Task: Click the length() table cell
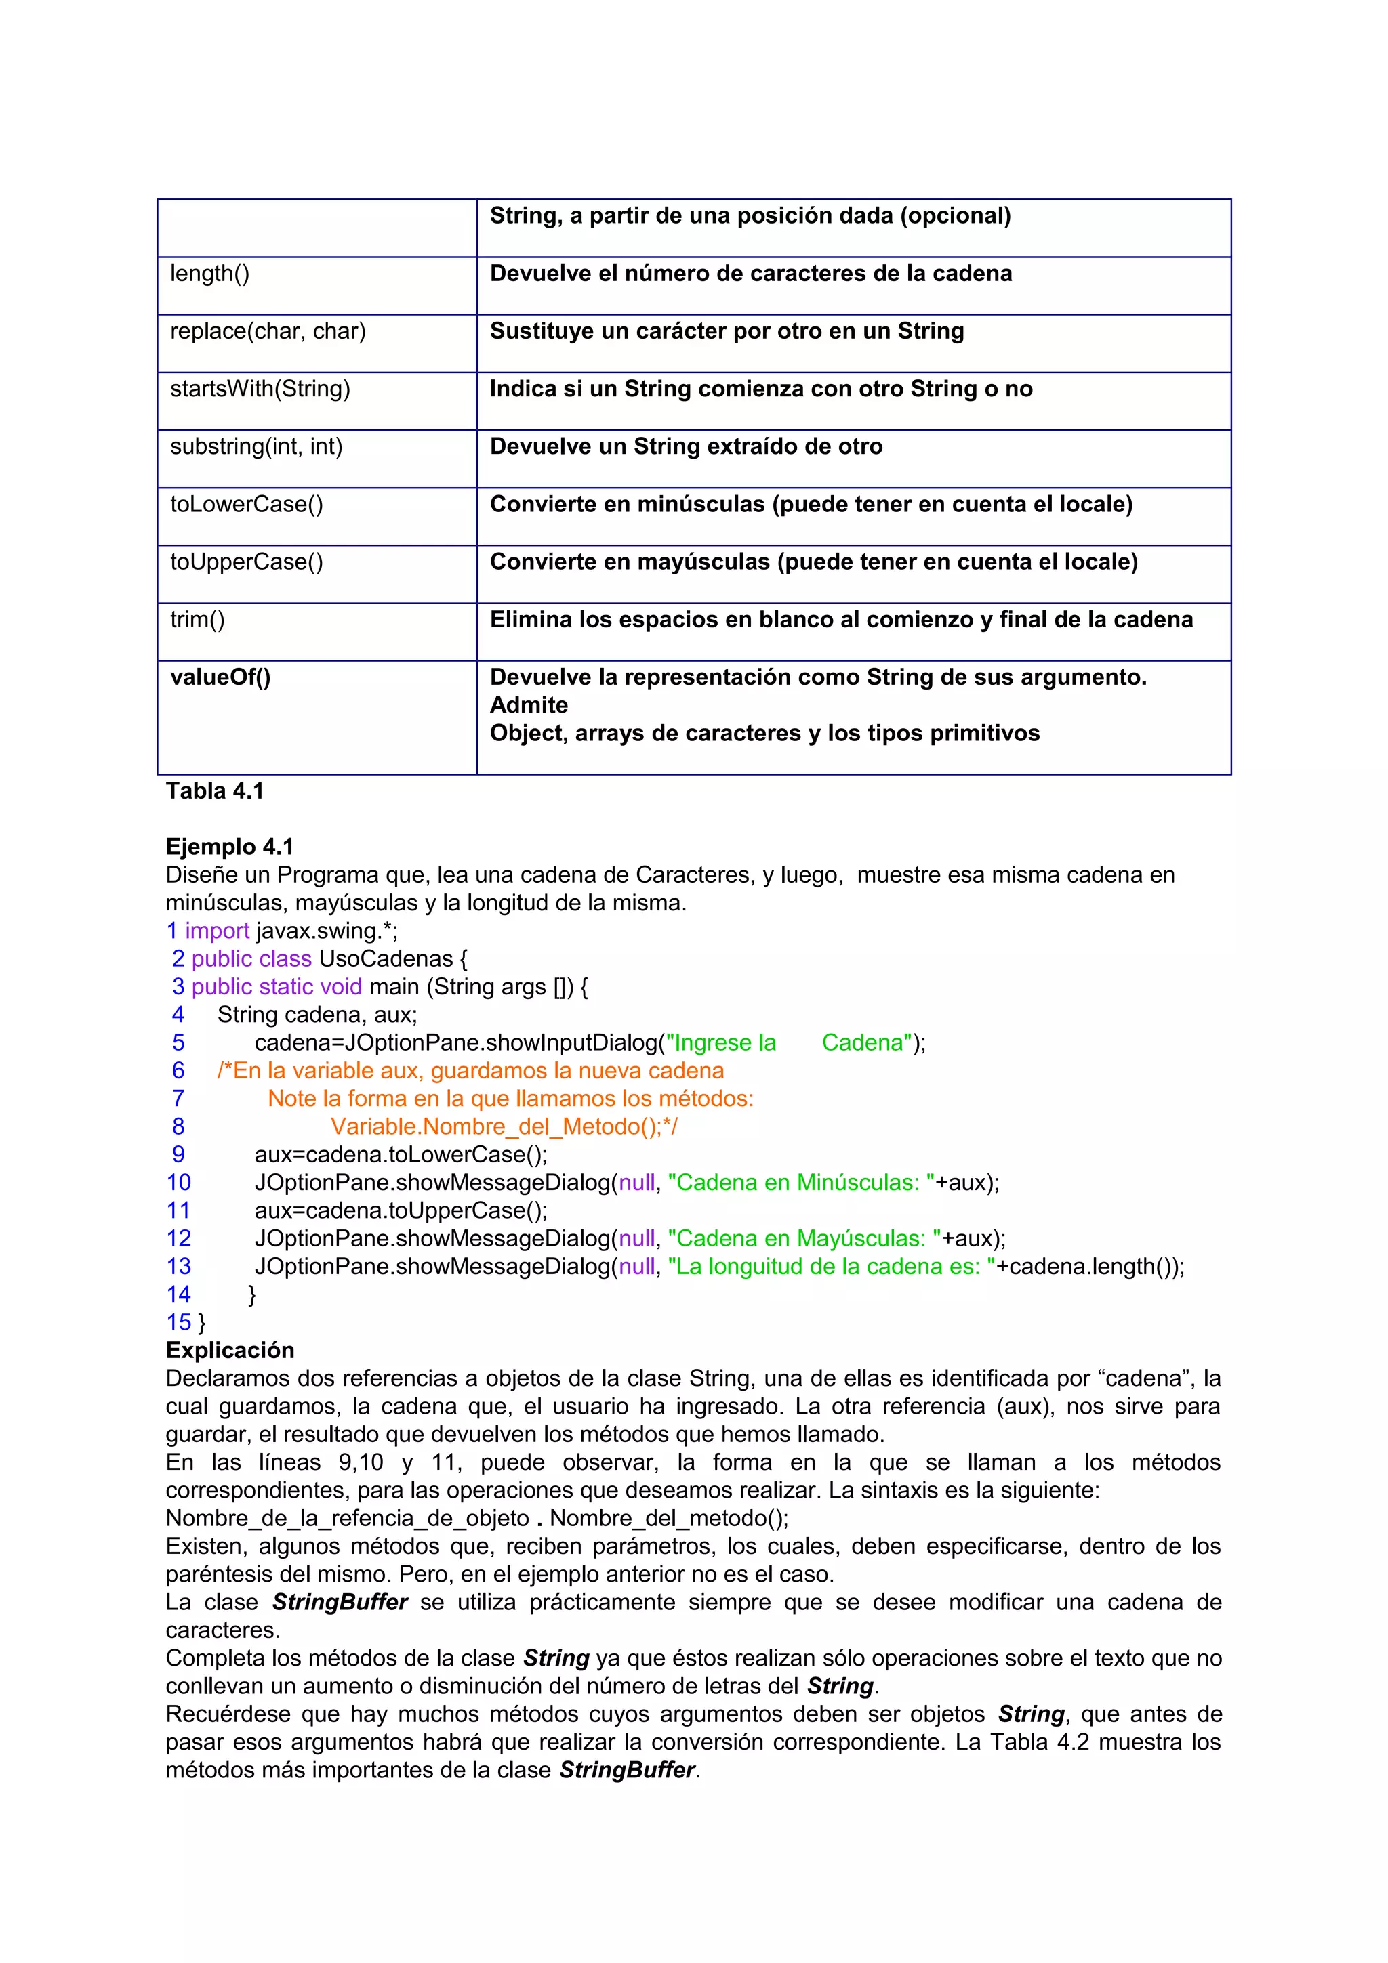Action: [210, 274]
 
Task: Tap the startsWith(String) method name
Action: [260, 389]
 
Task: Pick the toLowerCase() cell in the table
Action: [246, 505]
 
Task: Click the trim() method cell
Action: [197, 620]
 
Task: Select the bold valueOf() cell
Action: [220, 677]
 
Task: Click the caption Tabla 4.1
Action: [215, 791]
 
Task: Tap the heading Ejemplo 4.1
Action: [229, 847]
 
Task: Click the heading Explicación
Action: [229, 1350]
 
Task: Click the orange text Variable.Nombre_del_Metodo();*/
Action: [504, 1127]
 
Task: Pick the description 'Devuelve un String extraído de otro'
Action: [686, 446]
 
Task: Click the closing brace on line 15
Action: [202, 1323]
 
